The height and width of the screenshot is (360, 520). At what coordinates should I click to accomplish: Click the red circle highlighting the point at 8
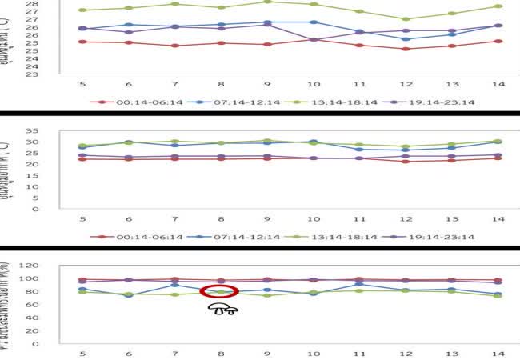[x=220, y=293]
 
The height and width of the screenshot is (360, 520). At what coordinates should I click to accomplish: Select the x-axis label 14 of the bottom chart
[x=498, y=353]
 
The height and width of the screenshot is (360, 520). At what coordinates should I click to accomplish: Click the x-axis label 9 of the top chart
[x=267, y=84]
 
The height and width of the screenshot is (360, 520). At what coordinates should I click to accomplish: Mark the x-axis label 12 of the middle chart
[x=406, y=218]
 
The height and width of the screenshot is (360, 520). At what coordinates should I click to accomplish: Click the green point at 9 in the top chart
[x=267, y=2]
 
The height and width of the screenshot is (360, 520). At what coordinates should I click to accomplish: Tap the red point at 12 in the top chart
[x=406, y=49]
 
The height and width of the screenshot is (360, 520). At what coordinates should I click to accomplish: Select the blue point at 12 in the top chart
[x=406, y=39]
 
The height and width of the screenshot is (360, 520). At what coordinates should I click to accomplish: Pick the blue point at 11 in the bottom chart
[x=359, y=284]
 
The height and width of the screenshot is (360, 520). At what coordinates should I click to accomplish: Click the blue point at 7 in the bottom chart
[x=175, y=285]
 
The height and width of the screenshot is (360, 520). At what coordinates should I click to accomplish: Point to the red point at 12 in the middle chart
[x=406, y=162]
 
